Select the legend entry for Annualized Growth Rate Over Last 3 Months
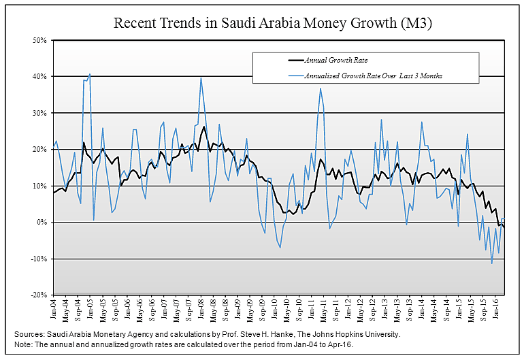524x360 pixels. point(373,76)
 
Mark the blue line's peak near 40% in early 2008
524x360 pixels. point(201,78)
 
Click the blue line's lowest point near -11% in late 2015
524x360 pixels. point(492,263)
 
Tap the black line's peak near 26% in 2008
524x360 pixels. point(204,127)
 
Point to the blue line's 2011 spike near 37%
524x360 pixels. point(320,88)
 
